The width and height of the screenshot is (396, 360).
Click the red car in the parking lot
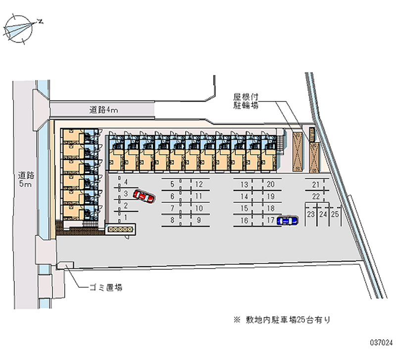[x=144, y=197]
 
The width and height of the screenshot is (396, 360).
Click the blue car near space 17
[x=288, y=221]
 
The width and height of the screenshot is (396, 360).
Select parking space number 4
[x=126, y=182]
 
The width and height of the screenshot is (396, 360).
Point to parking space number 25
[x=335, y=214]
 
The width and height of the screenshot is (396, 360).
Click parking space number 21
[x=315, y=185]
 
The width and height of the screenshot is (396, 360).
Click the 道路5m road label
[x=25, y=179]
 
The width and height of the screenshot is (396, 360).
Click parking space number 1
[x=126, y=217]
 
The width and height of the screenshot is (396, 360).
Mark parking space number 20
[x=271, y=184]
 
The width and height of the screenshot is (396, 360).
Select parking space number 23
[x=310, y=214]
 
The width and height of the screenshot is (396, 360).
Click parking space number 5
[x=172, y=184]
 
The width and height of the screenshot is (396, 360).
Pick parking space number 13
[x=244, y=184]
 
